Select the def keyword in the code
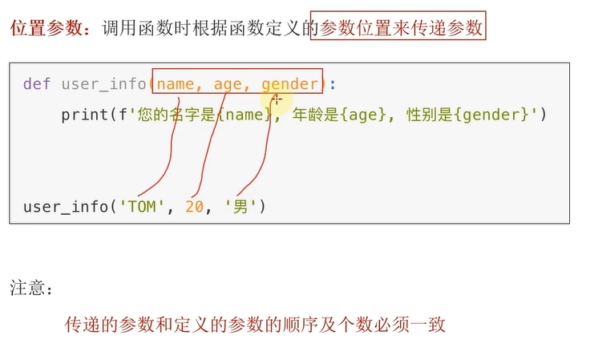(x=37, y=83)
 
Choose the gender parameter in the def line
(x=290, y=83)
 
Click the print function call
(x=83, y=115)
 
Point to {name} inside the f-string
(x=245, y=115)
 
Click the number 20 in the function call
(x=194, y=207)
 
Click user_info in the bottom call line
(x=66, y=207)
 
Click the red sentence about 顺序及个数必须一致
(x=255, y=326)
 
